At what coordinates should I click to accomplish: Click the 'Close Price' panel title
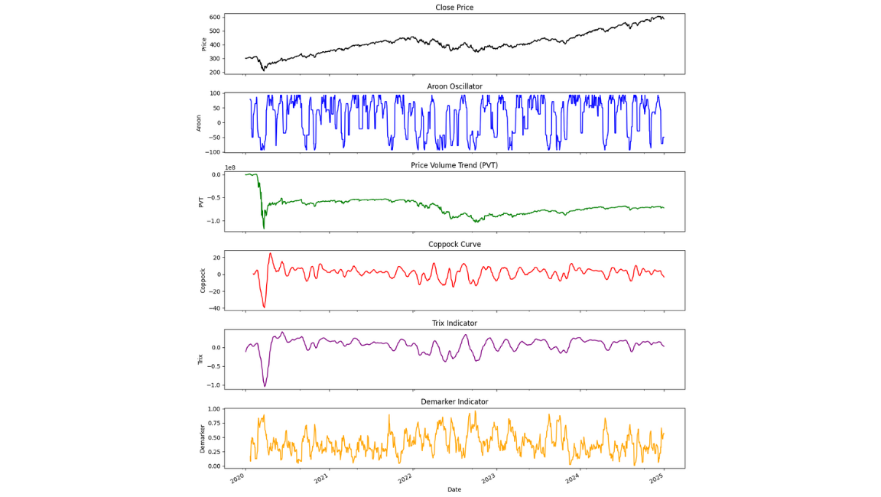pyautogui.click(x=454, y=8)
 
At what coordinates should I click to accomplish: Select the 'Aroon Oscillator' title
pyautogui.click(x=454, y=86)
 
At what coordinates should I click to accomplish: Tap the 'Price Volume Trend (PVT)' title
pyautogui.click(x=454, y=165)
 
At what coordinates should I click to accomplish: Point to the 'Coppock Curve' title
pyautogui.click(x=454, y=244)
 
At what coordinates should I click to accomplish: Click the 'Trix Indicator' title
pyautogui.click(x=454, y=323)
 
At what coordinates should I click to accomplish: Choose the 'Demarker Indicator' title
pyautogui.click(x=454, y=401)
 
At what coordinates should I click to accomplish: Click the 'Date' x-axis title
pyautogui.click(x=454, y=489)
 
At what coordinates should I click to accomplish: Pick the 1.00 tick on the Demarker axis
pyautogui.click(x=213, y=409)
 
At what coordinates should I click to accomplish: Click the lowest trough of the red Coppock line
pyautogui.click(x=264, y=307)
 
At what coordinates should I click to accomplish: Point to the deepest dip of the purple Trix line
pyautogui.click(x=265, y=386)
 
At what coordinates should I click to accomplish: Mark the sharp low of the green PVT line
pyautogui.click(x=264, y=228)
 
